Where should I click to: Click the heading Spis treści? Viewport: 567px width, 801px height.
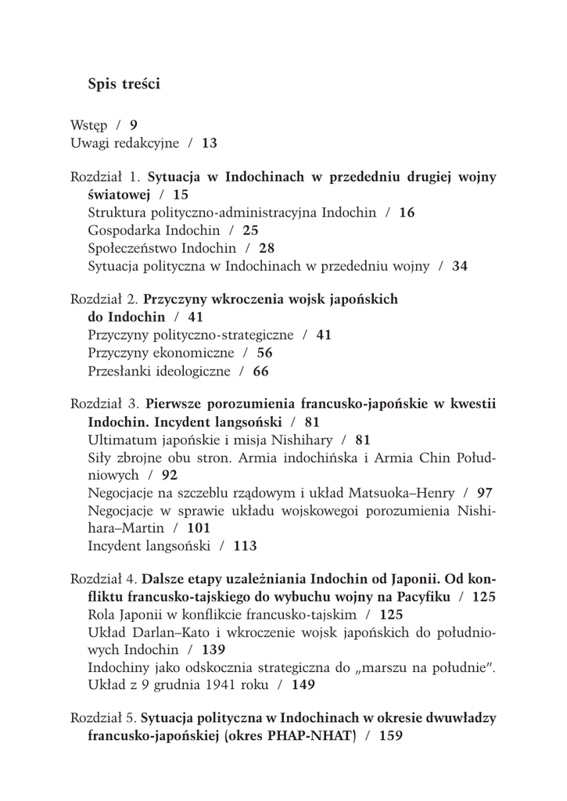124,84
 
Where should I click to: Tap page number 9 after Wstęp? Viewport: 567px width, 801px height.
134,124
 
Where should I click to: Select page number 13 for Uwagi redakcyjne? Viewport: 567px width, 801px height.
210,143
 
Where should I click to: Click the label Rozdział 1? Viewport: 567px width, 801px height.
105,177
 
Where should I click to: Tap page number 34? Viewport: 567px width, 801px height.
460,266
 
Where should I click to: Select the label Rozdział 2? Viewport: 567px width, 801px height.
105,299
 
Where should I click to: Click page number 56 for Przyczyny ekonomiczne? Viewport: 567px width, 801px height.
264,353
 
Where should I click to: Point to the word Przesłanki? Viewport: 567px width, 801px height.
121,371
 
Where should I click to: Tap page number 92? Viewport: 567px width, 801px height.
170,475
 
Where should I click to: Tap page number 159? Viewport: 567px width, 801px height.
390,736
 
